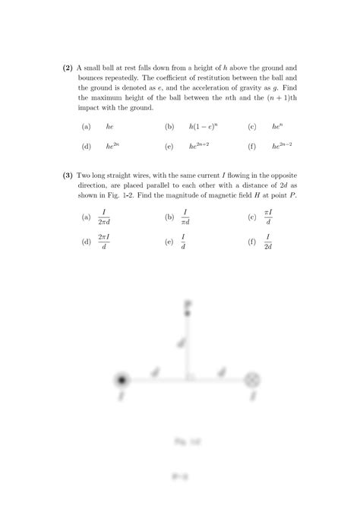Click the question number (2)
[68, 68]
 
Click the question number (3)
[68, 175]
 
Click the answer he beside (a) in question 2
[109, 126]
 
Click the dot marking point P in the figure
[187, 312]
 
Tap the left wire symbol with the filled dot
[121, 380]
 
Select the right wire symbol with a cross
[253, 380]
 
